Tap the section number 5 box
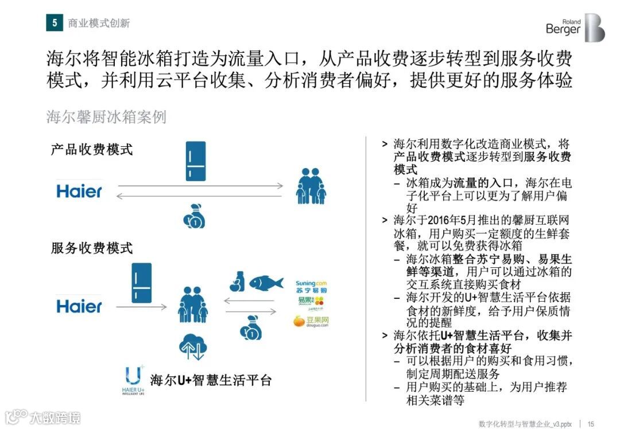[55, 22]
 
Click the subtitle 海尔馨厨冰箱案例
[106, 117]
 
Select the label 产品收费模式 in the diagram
[92, 150]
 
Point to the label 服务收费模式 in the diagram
[92, 248]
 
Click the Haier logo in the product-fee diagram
[79, 191]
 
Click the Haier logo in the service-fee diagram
[79, 306]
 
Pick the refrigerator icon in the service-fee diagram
[141, 283]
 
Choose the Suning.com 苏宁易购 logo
[311, 287]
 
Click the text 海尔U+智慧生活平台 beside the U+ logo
[211, 380]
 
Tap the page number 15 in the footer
[590, 423]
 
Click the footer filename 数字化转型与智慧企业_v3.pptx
[525, 423]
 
